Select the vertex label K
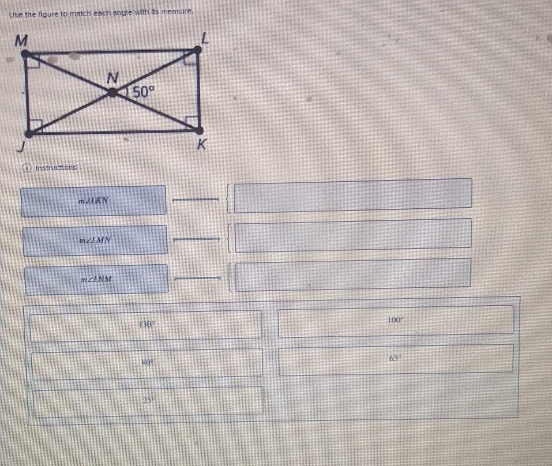tap(201, 146)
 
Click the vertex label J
tap(22, 148)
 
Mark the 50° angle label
tap(144, 92)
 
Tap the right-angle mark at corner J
tap(35, 124)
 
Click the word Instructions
tap(55, 168)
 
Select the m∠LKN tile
tap(94, 201)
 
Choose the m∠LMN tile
tap(95, 240)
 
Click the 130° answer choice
tap(147, 325)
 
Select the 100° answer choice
tap(396, 319)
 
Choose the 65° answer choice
tap(395, 358)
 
